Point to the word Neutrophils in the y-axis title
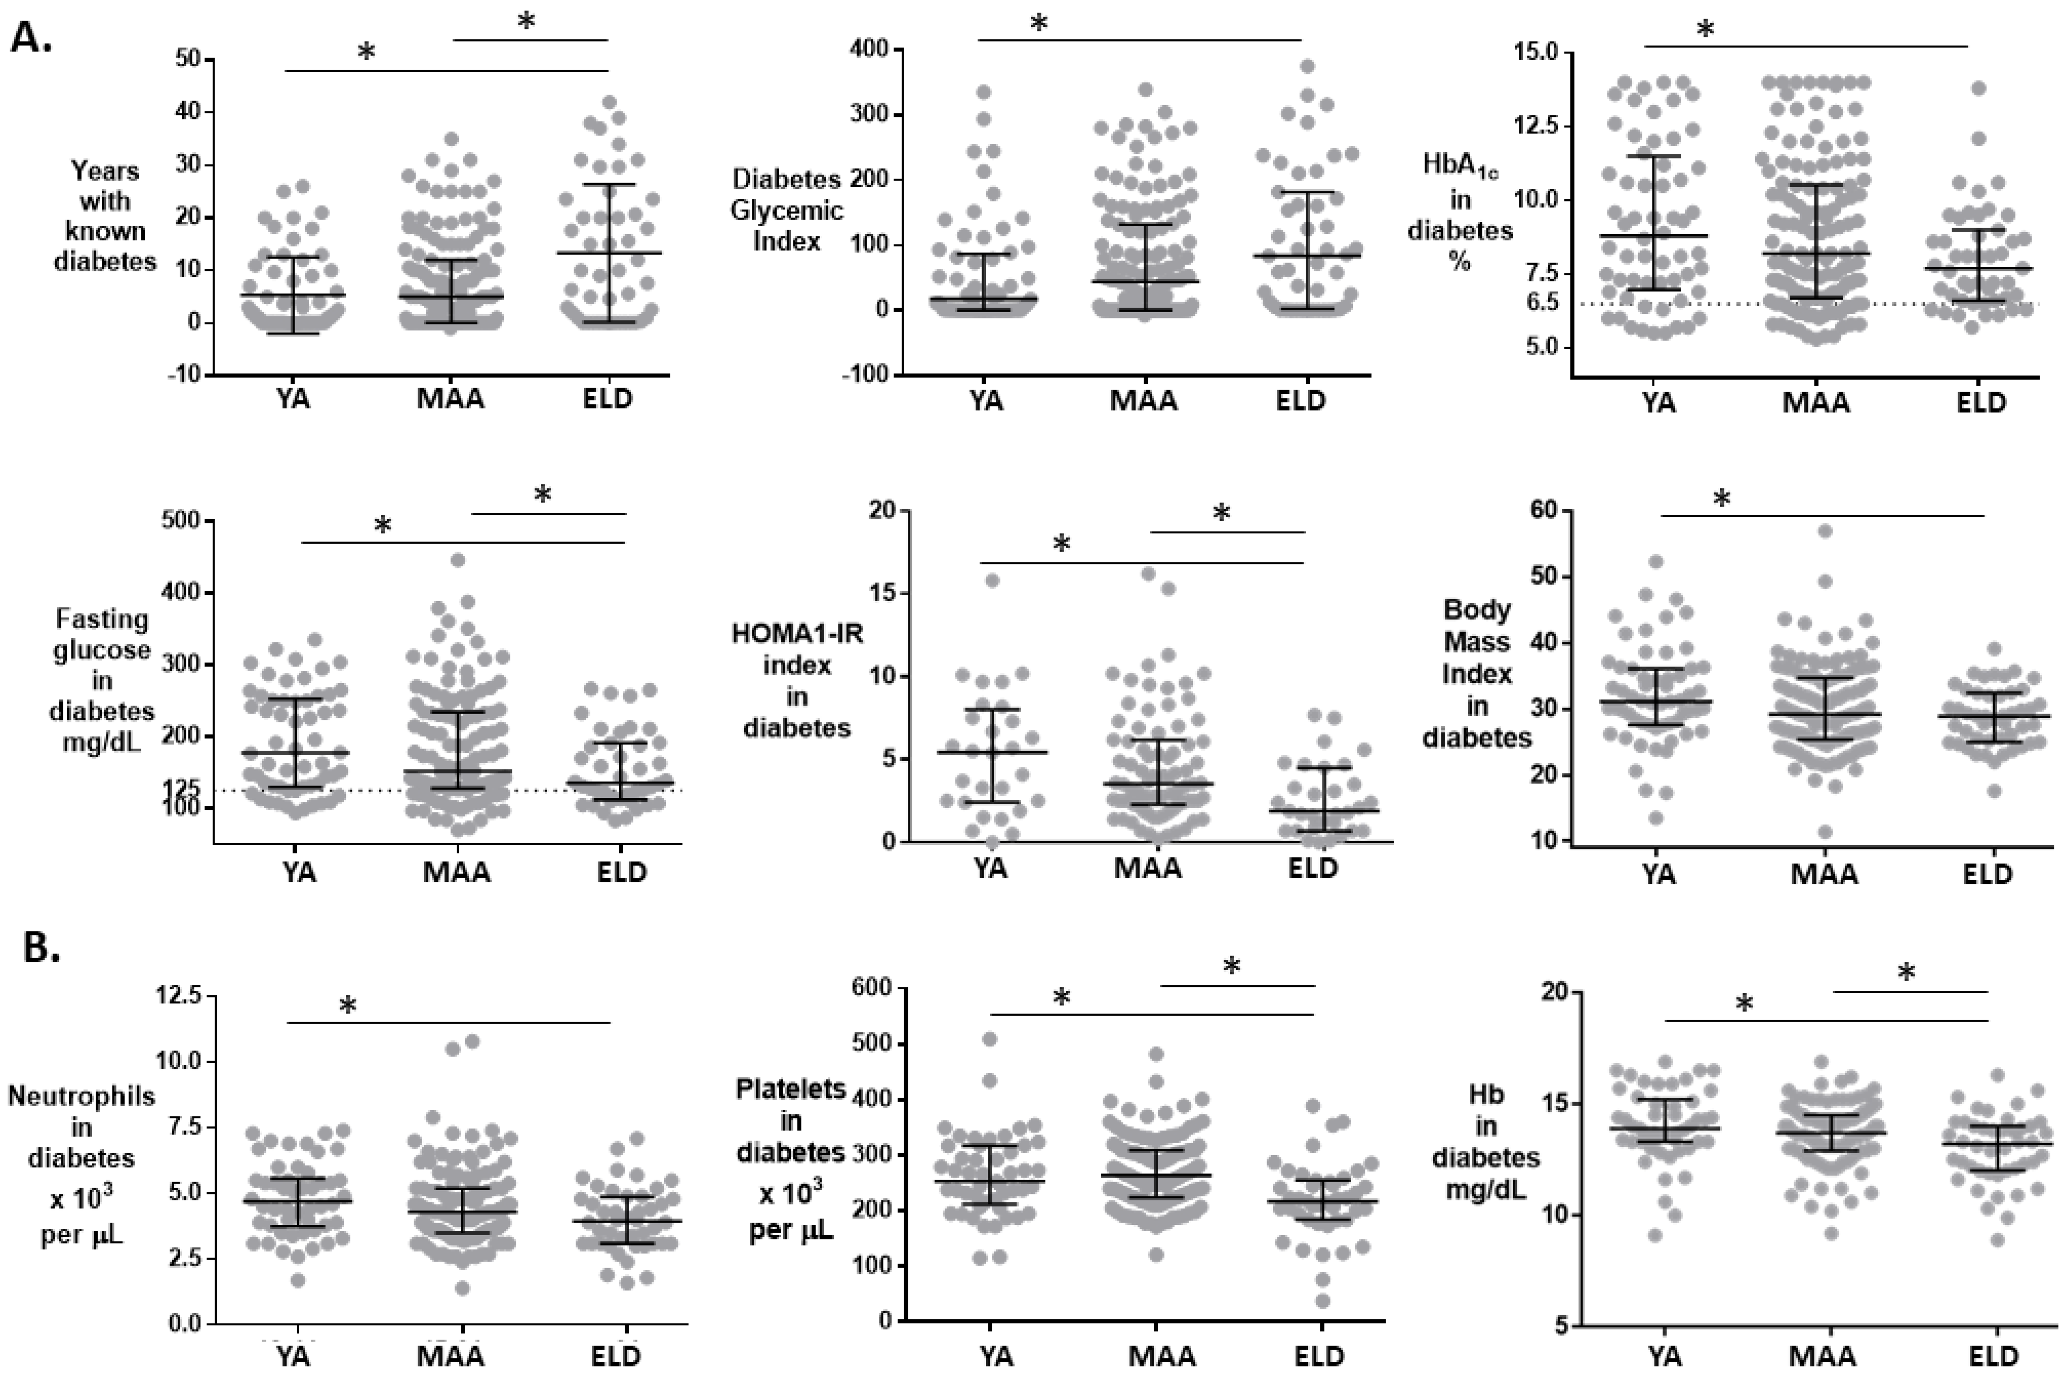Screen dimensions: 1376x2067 click(80, 1096)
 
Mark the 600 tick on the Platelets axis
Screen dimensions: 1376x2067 click(873, 989)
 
